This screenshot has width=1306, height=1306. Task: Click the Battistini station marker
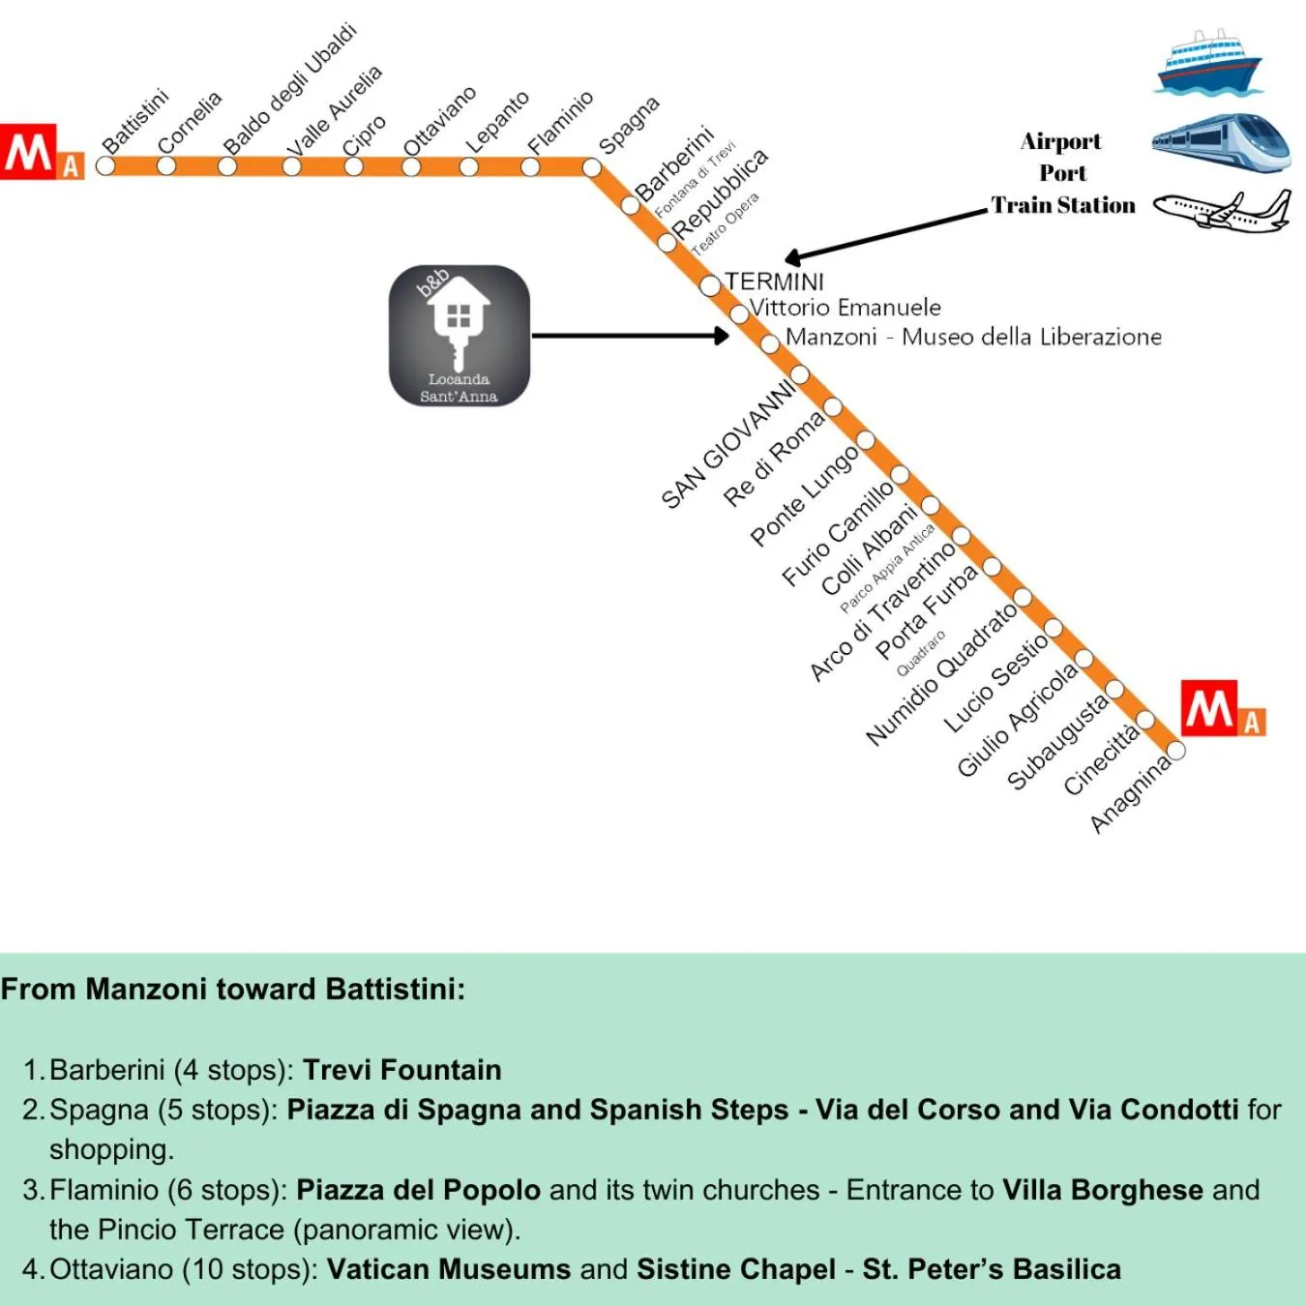[x=105, y=165]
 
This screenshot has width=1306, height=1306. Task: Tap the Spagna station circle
[x=592, y=167]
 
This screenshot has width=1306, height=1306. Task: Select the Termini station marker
[x=710, y=285]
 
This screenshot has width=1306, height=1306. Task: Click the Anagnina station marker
[x=1176, y=751]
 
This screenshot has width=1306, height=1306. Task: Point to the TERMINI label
[x=775, y=282]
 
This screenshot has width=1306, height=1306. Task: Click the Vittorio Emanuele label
[x=846, y=308]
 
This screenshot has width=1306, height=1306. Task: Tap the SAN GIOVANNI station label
[x=727, y=444]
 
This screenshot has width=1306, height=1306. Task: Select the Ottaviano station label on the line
[x=439, y=121]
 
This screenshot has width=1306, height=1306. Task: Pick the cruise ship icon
[x=1209, y=62]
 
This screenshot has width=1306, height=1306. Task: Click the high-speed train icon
[x=1221, y=143]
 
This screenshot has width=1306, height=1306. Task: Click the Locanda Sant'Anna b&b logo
[x=460, y=336]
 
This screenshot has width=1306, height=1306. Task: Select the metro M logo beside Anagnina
[x=1221, y=709]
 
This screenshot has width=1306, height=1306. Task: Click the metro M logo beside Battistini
[x=41, y=152]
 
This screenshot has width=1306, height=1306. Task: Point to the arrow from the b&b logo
[x=629, y=336]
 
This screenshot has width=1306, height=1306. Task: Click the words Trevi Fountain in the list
[x=401, y=1070]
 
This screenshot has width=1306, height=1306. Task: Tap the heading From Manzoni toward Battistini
[x=233, y=990]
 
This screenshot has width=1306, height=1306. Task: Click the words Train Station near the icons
[x=1062, y=205]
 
